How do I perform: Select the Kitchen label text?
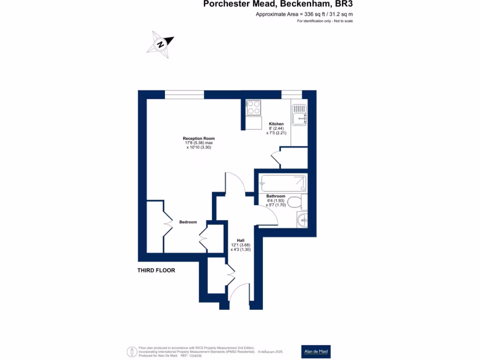click(276, 124)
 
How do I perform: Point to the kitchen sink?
click(299, 114)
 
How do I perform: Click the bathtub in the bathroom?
click(284, 183)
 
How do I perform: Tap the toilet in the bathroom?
click(294, 202)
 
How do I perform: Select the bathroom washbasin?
click(303, 219)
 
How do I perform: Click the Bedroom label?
click(188, 222)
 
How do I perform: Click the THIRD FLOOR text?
click(156, 270)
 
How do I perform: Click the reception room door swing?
click(236, 182)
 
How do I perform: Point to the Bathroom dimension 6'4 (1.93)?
click(276, 200)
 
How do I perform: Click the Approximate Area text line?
click(304, 15)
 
